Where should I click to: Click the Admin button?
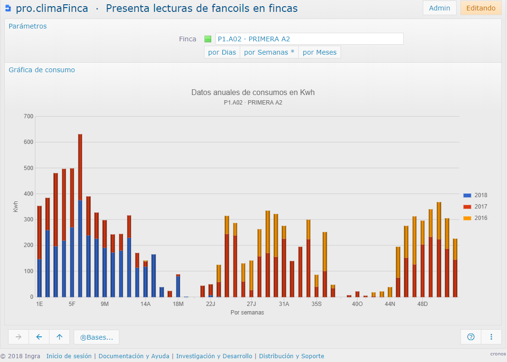[x=439, y=8]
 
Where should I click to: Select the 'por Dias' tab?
[x=222, y=52]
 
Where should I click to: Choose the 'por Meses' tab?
[x=320, y=52]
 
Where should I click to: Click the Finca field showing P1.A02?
[x=310, y=39]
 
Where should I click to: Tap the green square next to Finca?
[x=208, y=39]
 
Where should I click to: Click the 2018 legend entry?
[x=475, y=195]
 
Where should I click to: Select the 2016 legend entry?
[x=475, y=218]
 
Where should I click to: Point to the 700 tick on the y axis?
[x=29, y=116]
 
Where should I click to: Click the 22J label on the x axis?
[x=211, y=304]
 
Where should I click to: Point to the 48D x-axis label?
[x=423, y=304]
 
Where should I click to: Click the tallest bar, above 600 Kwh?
[x=80, y=215]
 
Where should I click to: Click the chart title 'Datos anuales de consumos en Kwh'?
[x=253, y=92]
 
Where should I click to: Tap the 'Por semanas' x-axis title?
[x=247, y=313]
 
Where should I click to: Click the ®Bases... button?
[x=97, y=337]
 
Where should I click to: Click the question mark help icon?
[x=471, y=337]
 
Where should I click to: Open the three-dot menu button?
[x=491, y=337]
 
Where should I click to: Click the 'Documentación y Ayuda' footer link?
[x=134, y=356]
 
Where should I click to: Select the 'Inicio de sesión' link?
[x=69, y=356]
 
